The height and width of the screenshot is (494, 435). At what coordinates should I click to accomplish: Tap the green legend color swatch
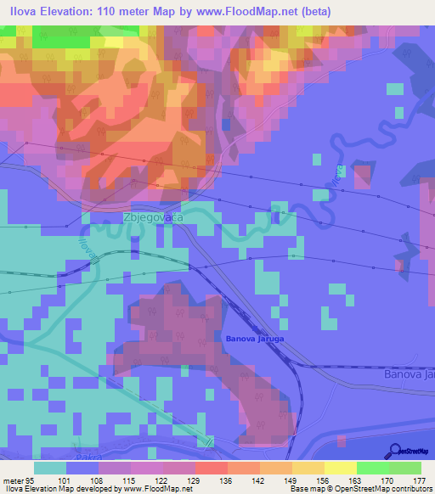372,468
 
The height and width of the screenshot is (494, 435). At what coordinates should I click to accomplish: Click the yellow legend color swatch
340,468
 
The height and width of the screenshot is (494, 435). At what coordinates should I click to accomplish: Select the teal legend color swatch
50,468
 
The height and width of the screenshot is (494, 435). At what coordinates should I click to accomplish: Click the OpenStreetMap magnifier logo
397,450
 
